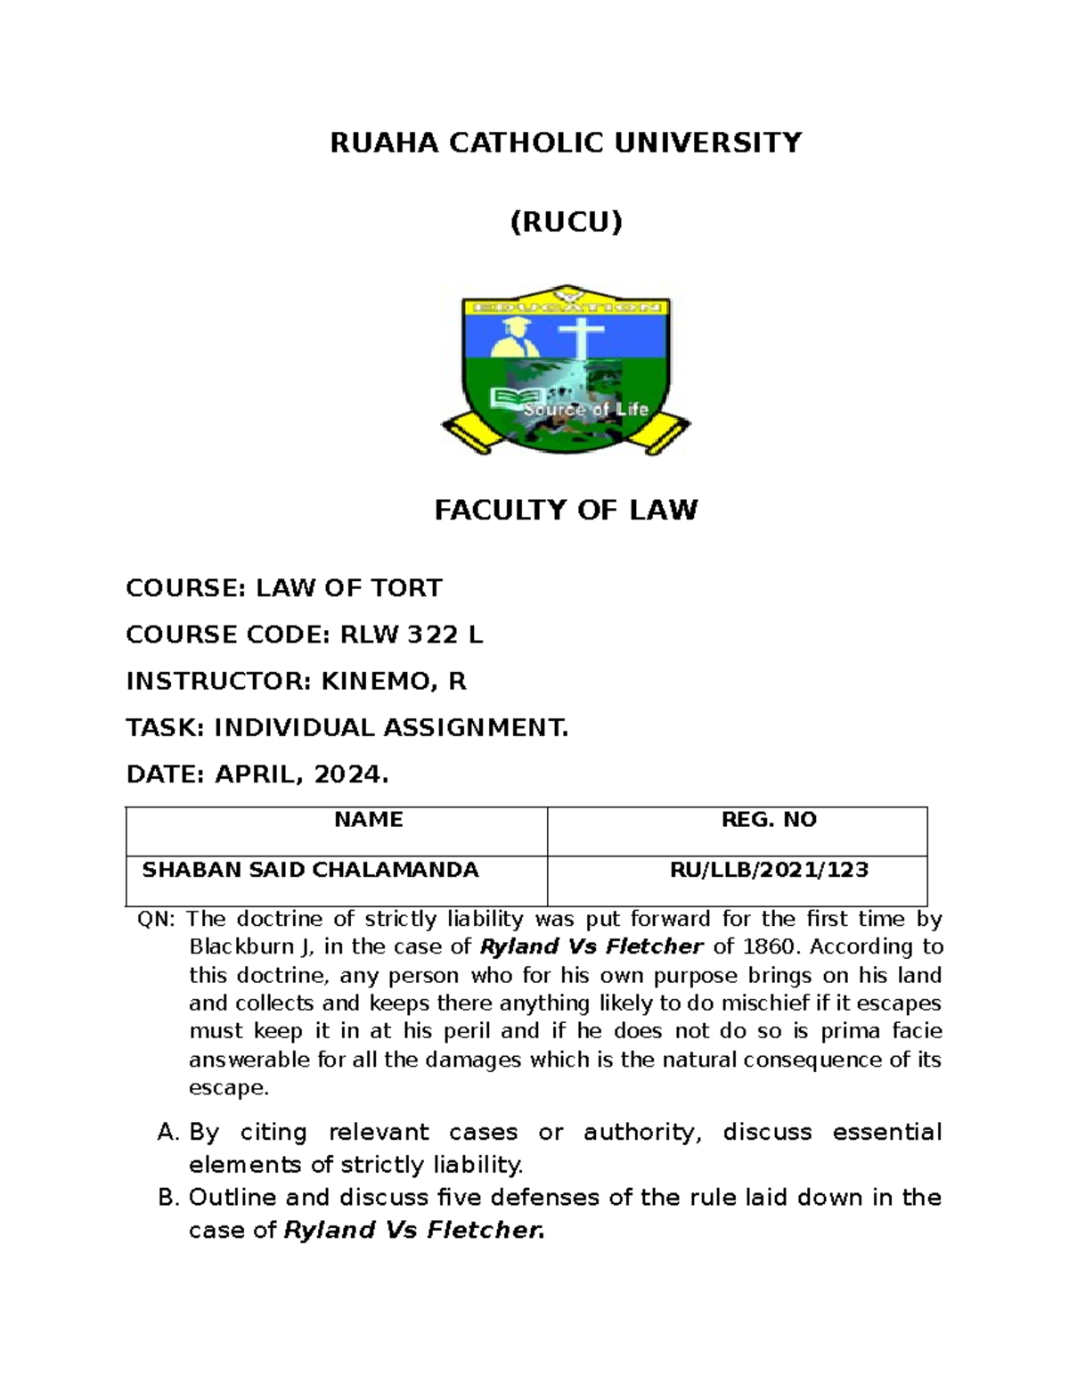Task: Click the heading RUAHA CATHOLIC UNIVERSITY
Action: [566, 143]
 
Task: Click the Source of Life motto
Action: [585, 410]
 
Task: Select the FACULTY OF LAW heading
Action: [566, 510]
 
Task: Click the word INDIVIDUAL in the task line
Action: [294, 728]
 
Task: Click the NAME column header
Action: [368, 820]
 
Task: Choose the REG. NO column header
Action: [769, 820]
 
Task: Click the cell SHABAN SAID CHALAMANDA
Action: [310, 870]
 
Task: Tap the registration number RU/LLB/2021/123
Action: [769, 870]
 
